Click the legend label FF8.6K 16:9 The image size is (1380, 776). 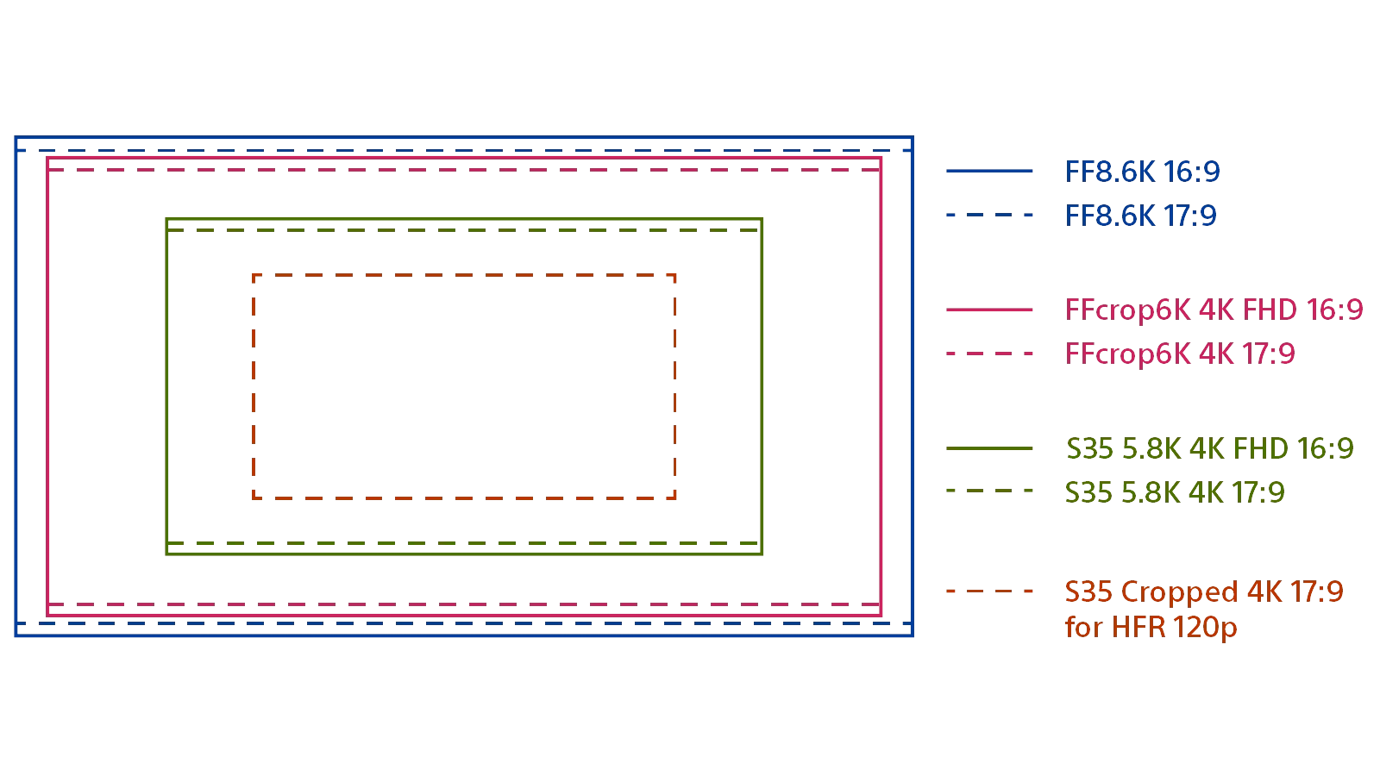pyautogui.click(x=1142, y=172)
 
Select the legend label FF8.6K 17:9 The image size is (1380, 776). pyautogui.click(x=1140, y=216)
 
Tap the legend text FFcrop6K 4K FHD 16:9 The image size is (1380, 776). pyautogui.click(x=1214, y=310)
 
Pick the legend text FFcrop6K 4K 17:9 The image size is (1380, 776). pyautogui.click(x=1179, y=354)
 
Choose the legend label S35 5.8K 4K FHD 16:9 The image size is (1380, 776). pyautogui.click(x=1209, y=448)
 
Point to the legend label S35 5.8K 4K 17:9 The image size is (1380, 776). pyautogui.click(x=1174, y=492)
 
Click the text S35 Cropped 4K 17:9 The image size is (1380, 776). pyautogui.click(x=1203, y=591)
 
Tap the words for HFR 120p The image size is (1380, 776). pyautogui.click(x=1151, y=627)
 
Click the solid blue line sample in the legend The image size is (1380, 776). pyautogui.click(x=989, y=172)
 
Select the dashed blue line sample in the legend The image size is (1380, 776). pyautogui.click(x=989, y=215)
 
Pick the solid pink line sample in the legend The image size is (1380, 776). pyautogui.click(x=989, y=310)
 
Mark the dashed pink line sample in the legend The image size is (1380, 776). pyautogui.click(x=989, y=354)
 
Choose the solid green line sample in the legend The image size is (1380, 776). pyautogui.click(x=989, y=448)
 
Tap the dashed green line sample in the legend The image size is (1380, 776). pyautogui.click(x=989, y=491)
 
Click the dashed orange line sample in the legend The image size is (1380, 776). pyautogui.click(x=989, y=591)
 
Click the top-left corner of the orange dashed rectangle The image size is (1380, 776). pyautogui.click(x=254, y=276)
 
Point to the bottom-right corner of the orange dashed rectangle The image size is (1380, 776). pyautogui.click(x=674, y=498)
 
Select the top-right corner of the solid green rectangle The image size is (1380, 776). pyautogui.click(x=762, y=220)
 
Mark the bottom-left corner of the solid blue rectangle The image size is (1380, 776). pyautogui.click(x=16, y=635)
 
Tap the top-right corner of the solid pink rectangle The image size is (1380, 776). pyautogui.click(x=881, y=159)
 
